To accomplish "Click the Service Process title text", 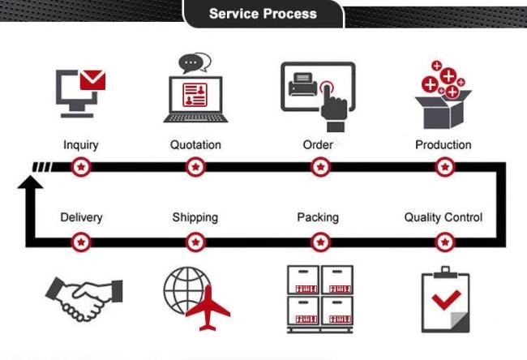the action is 263,14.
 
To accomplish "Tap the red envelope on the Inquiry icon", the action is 92,80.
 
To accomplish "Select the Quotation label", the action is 195,145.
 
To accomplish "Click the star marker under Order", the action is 320,167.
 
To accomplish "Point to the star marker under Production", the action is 445,167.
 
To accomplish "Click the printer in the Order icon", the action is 302,84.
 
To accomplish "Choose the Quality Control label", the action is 443,217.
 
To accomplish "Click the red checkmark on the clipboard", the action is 447,299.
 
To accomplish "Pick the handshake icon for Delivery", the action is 84,298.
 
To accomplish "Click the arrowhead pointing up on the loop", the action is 30,182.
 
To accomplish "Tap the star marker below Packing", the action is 320,242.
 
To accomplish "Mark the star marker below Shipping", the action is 195,242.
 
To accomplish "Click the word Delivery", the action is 81,217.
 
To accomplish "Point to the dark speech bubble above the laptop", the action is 191,63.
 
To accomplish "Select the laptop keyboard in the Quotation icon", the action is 196,118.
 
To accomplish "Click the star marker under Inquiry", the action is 81,167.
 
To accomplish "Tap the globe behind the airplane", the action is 186,289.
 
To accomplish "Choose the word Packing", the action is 318,217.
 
